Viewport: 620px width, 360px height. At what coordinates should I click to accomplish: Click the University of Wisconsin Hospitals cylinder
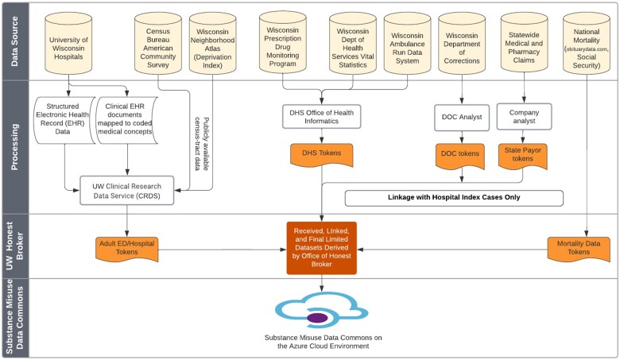pyautogui.click(x=68, y=43)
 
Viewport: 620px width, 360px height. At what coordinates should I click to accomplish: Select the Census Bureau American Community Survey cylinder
pyautogui.click(x=157, y=43)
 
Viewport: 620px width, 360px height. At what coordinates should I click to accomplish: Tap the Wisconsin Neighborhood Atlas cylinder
pyautogui.click(x=213, y=43)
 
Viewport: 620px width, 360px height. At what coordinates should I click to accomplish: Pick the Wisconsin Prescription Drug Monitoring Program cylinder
pyautogui.click(x=283, y=42)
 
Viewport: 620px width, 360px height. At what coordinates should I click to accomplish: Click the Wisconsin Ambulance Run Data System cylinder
pyautogui.click(x=407, y=43)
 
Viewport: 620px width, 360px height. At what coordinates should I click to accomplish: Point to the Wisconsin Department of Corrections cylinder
pyautogui.click(x=462, y=43)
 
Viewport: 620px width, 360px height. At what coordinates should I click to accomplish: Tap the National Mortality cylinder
pyautogui.click(x=587, y=43)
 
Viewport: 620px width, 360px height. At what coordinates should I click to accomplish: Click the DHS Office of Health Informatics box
pyautogui.click(x=321, y=117)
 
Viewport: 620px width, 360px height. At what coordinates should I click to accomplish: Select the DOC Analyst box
pyautogui.click(x=462, y=118)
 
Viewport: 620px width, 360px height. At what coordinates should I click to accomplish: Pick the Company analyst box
pyautogui.click(x=524, y=117)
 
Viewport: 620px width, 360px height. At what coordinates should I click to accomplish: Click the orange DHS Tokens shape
pyautogui.click(x=321, y=155)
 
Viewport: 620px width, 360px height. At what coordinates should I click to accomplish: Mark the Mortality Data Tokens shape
pyautogui.click(x=579, y=249)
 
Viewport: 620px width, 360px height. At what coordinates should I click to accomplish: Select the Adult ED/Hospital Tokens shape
pyautogui.click(x=127, y=249)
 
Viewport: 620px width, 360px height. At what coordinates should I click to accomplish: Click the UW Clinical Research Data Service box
pyautogui.click(x=127, y=191)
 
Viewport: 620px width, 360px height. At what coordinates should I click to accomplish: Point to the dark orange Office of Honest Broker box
pyautogui.click(x=321, y=248)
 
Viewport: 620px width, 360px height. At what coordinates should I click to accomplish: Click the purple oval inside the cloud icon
pyautogui.click(x=317, y=318)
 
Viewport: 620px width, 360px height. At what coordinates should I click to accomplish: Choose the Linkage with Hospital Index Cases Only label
pyautogui.click(x=454, y=198)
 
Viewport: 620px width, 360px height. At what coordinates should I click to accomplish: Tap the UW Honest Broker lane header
pyautogui.click(x=15, y=246)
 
